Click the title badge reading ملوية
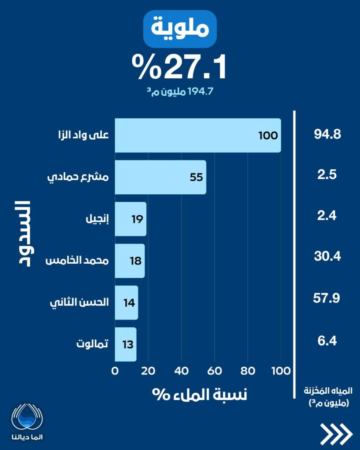[180, 29]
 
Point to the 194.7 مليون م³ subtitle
[179, 92]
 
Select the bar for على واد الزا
[198, 135]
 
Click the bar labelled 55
[160, 177]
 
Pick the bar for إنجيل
[131, 219]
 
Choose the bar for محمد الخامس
[130, 261]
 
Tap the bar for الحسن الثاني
[127, 302]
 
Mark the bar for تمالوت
[126, 344]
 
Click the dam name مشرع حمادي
[78, 178]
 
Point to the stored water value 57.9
[327, 299]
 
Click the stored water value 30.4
[327, 256]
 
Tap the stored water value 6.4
[327, 340]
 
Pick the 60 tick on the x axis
[215, 370]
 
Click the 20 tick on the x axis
[148, 370]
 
